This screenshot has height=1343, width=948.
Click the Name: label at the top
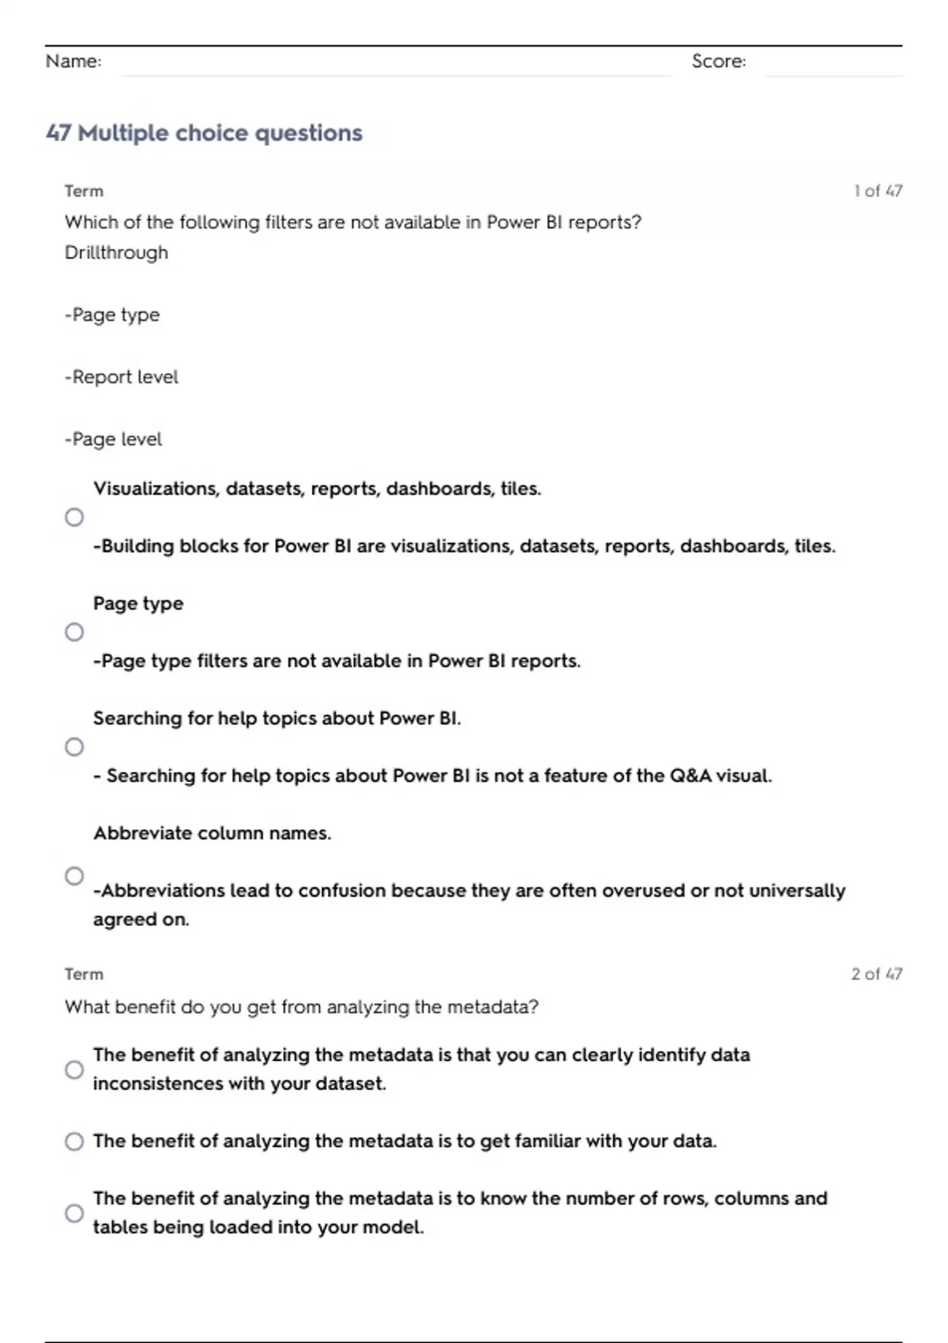(73, 61)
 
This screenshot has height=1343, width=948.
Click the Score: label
(718, 61)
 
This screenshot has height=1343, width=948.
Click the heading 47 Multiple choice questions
(204, 133)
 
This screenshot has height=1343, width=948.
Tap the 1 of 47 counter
(878, 190)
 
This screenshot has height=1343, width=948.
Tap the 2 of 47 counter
(876, 974)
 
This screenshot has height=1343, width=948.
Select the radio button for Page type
(74, 632)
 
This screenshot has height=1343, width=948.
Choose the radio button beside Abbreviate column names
(74, 876)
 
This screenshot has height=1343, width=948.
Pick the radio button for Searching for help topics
(74, 747)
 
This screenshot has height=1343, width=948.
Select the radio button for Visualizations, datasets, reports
(74, 517)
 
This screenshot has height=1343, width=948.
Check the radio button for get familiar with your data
(74, 1142)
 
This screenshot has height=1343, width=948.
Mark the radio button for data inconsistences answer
(74, 1070)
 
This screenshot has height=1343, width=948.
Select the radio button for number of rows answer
(74, 1213)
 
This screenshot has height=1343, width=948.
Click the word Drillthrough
(116, 253)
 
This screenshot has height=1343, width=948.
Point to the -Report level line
(121, 377)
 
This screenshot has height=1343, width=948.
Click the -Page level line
(113, 439)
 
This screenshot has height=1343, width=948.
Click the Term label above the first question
(84, 191)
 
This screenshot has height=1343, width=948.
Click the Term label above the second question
(84, 974)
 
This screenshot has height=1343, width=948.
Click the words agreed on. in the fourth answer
(141, 920)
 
